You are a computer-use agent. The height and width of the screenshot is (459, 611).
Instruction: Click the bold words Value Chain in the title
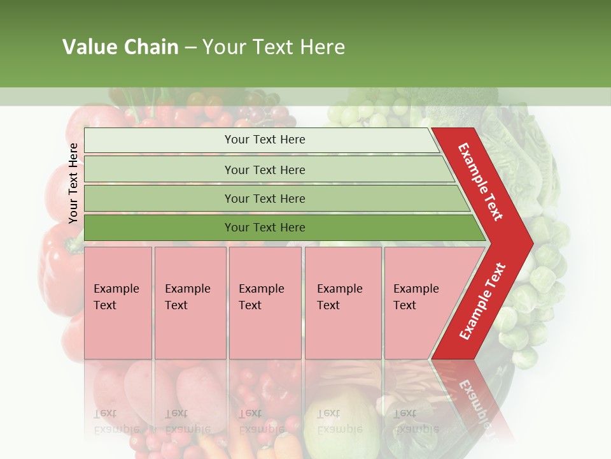[x=120, y=47]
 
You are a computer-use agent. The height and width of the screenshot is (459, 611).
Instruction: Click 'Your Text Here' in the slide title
[x=274, y=47]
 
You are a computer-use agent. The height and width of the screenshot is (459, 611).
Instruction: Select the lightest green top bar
[x=159, y=140]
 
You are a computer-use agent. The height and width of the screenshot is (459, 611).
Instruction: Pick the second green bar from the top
[x=159, y=170]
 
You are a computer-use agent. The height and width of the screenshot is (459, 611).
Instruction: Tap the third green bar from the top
[x=159, y=198]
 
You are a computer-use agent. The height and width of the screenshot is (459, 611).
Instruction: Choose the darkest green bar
[x=159, y=228]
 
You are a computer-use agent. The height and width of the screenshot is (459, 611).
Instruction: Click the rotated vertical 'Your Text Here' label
[x=73, y=183]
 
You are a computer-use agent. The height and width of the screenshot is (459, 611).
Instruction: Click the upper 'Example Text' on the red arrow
[x=481, y=182]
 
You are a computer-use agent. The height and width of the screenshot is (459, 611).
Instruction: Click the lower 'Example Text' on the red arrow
[x=482, y=301]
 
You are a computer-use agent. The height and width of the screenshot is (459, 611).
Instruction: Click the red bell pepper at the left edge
[x=57, y=261]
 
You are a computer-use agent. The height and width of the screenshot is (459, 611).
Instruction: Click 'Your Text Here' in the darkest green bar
[x=265, y=228]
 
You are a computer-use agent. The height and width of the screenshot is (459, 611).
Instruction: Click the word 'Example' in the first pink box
[x=116, y=289]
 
